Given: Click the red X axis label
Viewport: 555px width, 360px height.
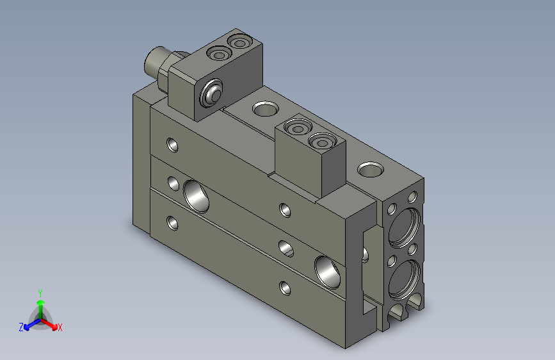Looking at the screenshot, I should [x=60, y=328].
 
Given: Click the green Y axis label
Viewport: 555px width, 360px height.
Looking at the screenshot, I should [x=40, y=291].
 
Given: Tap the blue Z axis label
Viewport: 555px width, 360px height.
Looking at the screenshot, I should [x=21, y=327].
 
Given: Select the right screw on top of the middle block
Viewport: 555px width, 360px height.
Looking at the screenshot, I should [x=320, y=140].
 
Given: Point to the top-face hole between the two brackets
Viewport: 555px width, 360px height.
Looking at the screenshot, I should [x=263, y=108].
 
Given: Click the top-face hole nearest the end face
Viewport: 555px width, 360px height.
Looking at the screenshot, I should [x=369, y=170].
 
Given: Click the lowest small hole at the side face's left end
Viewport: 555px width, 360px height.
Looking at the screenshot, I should [x=172, y=223].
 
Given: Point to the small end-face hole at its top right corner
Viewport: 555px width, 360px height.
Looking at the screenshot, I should [x=413, y=196].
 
